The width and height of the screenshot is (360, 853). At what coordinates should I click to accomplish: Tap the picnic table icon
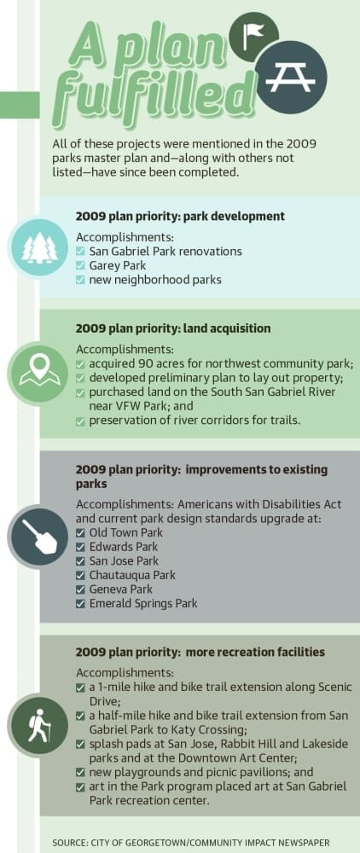point(291,78)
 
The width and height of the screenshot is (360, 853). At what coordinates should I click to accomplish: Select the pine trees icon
point(39,248)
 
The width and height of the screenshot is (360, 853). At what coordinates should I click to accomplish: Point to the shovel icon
point(39,535)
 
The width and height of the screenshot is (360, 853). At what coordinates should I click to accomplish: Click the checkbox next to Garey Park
point(80,266)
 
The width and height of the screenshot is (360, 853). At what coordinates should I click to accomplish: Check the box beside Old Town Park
point(80,533)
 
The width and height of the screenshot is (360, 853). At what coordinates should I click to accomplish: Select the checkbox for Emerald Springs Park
point(80,604)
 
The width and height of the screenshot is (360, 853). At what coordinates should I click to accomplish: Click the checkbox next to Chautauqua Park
point(80,576)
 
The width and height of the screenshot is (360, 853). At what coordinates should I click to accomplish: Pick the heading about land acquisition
point(173,328)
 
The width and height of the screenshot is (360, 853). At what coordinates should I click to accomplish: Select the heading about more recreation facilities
point(200,652)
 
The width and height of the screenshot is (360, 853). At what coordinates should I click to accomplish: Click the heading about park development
point(180,217)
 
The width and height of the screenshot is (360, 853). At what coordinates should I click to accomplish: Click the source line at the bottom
point(190,843)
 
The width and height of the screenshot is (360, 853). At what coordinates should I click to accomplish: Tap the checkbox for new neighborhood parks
point(80,280)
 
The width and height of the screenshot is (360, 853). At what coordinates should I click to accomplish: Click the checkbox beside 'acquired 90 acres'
point(80,363)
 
